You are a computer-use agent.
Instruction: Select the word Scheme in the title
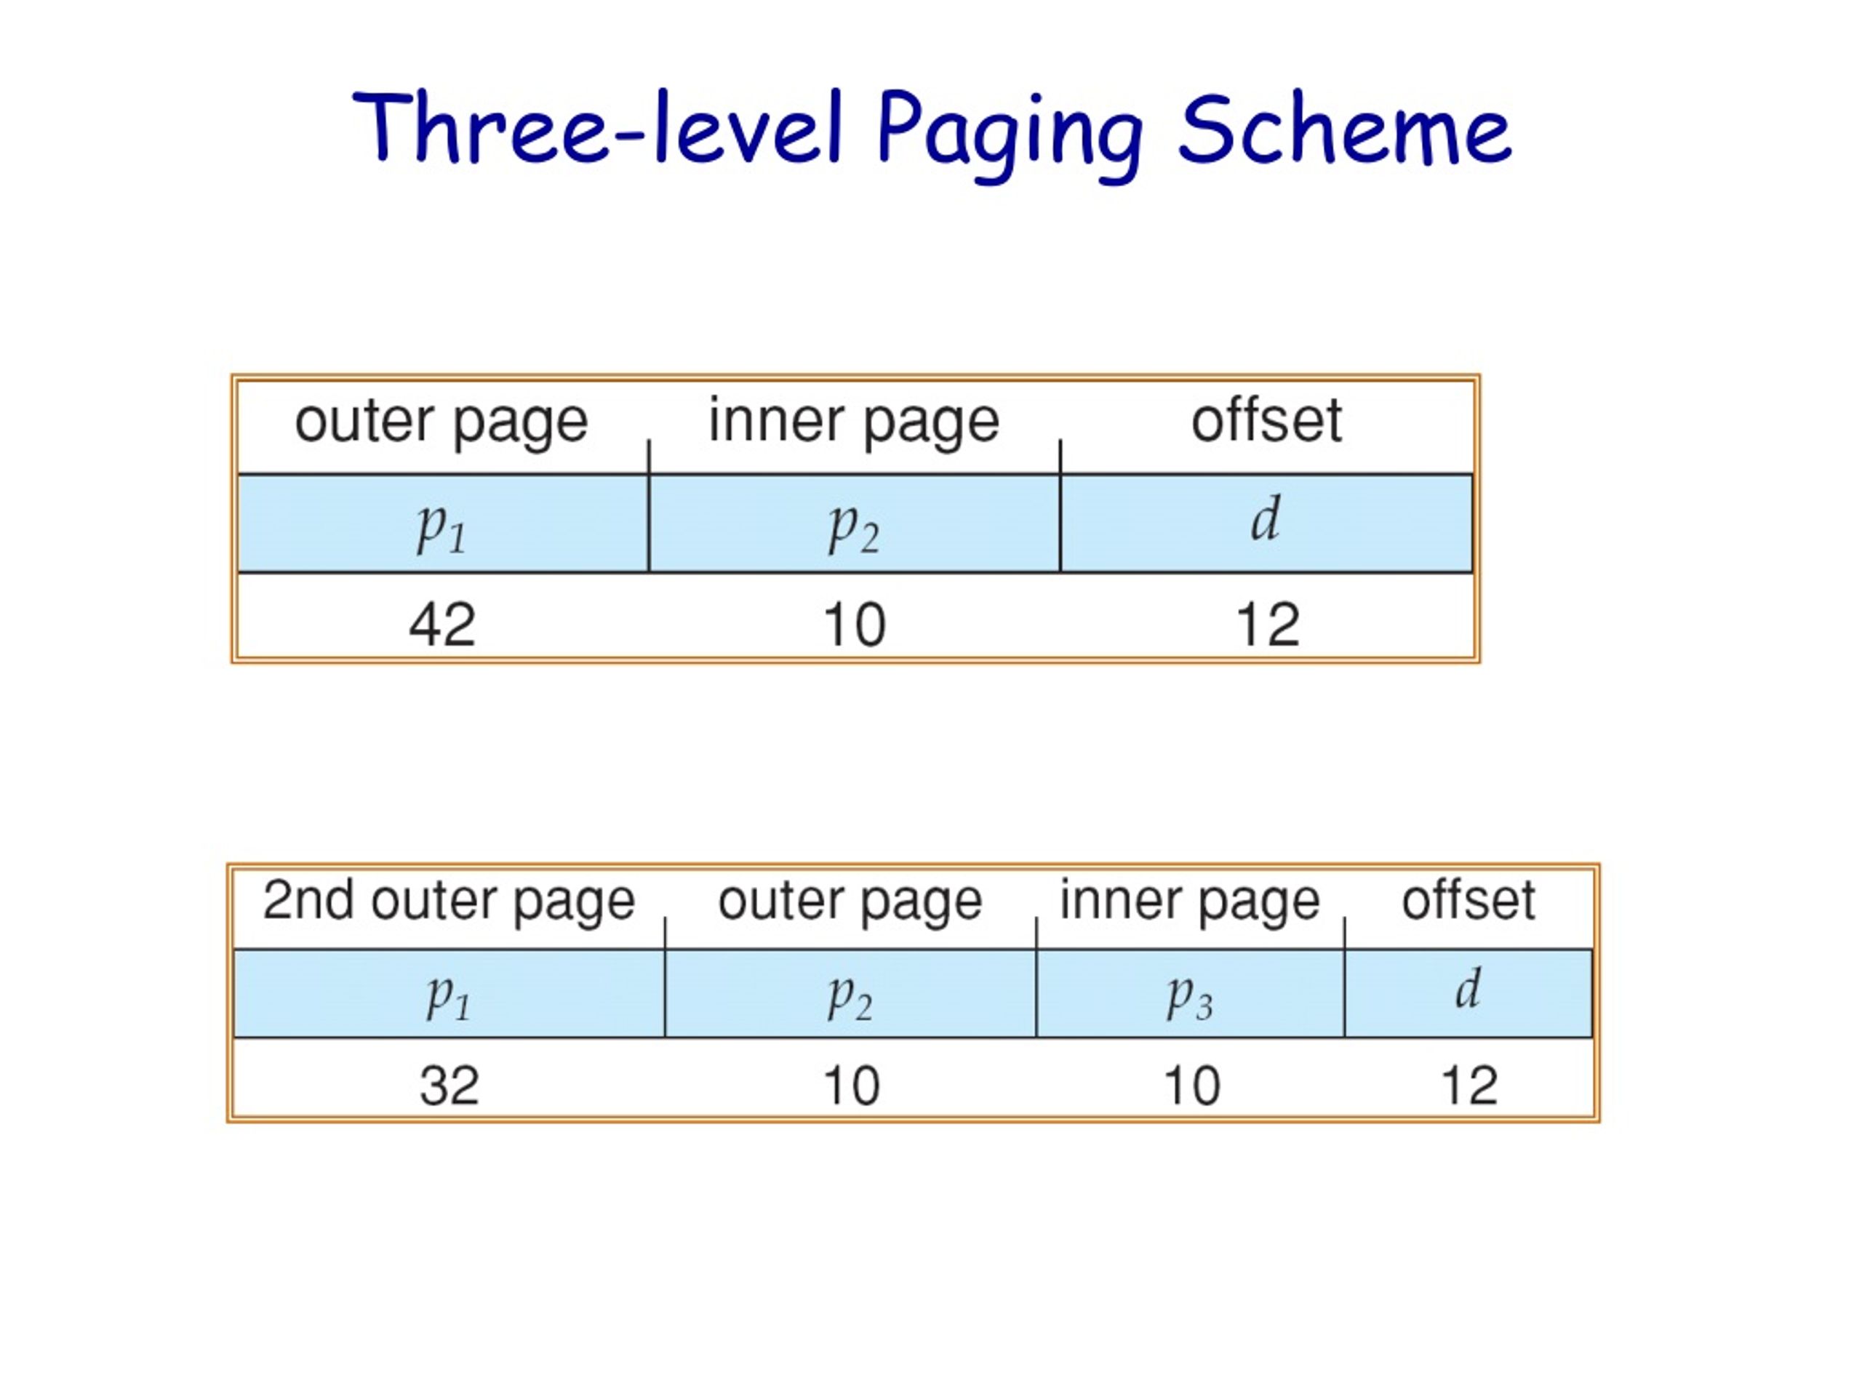(x=1343, y=128)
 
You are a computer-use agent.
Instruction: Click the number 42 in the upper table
(x=442, y=625)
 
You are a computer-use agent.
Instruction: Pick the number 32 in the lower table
(x=449, y=1085)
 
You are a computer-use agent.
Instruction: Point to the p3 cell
(x=1190, y=994)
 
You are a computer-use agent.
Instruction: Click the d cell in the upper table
(x=1266, y=523)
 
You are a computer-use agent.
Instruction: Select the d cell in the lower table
(x=1468, y=994)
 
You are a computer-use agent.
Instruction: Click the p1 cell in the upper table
(x=443, y=523)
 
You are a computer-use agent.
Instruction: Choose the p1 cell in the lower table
(x=449, y=994)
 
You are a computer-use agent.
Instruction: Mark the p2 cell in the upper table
(x=855, y=523)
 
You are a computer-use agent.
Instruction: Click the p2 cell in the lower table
(x=850, y=994)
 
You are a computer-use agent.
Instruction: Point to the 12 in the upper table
(x=1268, y=625)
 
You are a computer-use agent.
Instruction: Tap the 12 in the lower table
(x=1470, y=1085)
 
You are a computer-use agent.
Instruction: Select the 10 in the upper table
(x=855, y=625)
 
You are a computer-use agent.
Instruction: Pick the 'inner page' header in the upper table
(x=854, y=422)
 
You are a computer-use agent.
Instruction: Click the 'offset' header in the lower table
(x=1468, y=899)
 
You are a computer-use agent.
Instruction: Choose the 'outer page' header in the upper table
(x=441, y=422)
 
